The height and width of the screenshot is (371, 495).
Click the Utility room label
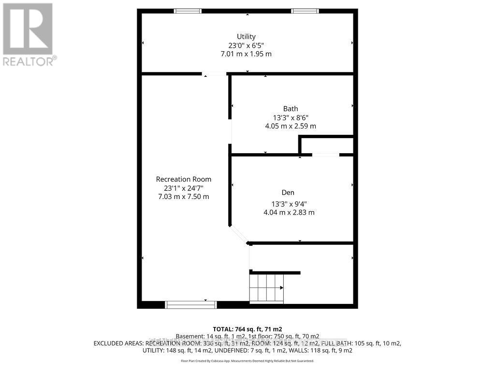pos(246,36)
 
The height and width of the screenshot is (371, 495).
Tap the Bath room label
pos(291,109)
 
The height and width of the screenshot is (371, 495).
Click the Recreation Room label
pos(183,179)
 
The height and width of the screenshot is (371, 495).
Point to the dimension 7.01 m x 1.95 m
pos(246,54)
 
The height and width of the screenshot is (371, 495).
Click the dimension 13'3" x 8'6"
pos(291,117)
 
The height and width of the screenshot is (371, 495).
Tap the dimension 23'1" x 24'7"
pos(183,188)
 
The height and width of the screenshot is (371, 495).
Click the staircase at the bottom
pos(266,287)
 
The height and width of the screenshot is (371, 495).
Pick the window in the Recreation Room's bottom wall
pos(191,304)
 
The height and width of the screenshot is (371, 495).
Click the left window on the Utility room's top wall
pos(188,11)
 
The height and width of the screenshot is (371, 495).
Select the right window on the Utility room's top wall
pos(305,11)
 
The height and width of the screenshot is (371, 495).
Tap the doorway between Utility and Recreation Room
pos(214,74)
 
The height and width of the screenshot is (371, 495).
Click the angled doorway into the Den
pos(238,234)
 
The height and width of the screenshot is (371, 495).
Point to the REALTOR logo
pos(29,34)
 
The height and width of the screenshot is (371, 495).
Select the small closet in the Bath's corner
pos(327,145)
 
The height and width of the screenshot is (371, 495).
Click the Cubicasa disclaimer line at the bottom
pos(247,361)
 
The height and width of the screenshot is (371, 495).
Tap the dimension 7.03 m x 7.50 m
pos(183,197)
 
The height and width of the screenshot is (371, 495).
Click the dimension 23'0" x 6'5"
pos(246,45)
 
